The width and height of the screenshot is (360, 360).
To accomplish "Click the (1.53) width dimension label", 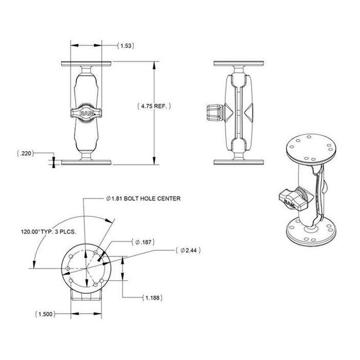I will tap(125, 46).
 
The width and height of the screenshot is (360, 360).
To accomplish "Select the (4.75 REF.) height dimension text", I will tap(154, 106).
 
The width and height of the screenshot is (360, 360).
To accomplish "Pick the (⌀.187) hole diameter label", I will tap(143, 241).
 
